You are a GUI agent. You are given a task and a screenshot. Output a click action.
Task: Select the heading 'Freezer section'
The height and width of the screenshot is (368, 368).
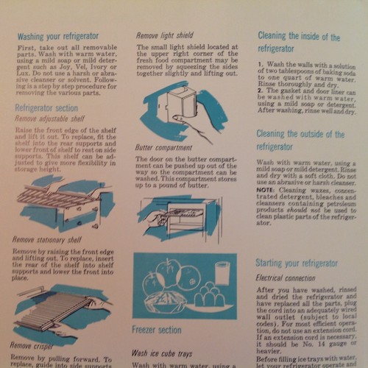157,330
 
